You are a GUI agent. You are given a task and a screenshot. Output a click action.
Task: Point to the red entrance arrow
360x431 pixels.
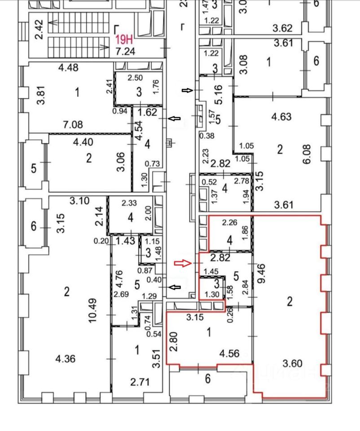[182, 263]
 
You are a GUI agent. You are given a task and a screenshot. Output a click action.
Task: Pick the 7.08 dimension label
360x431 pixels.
[73, 125]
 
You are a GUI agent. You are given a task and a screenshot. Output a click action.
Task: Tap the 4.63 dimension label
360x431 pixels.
[281, 117]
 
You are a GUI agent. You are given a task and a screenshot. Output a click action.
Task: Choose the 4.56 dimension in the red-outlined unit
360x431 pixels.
[228, 354]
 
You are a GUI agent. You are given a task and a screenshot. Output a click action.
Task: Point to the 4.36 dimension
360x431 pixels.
[65, 359]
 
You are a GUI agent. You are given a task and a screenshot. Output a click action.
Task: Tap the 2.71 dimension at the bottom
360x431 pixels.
[140, 383]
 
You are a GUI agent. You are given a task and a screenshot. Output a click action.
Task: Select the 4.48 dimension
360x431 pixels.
[69, 68]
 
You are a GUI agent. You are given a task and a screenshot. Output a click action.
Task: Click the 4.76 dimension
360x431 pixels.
[119, 278]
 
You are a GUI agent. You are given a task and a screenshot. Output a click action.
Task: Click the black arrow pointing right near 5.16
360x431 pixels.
[187, 90]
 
